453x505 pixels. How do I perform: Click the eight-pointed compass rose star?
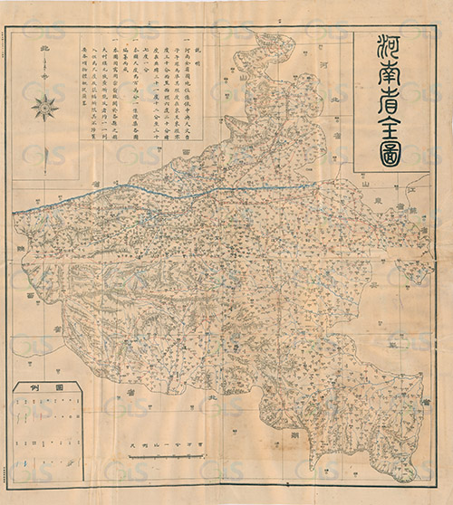point(45,109)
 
